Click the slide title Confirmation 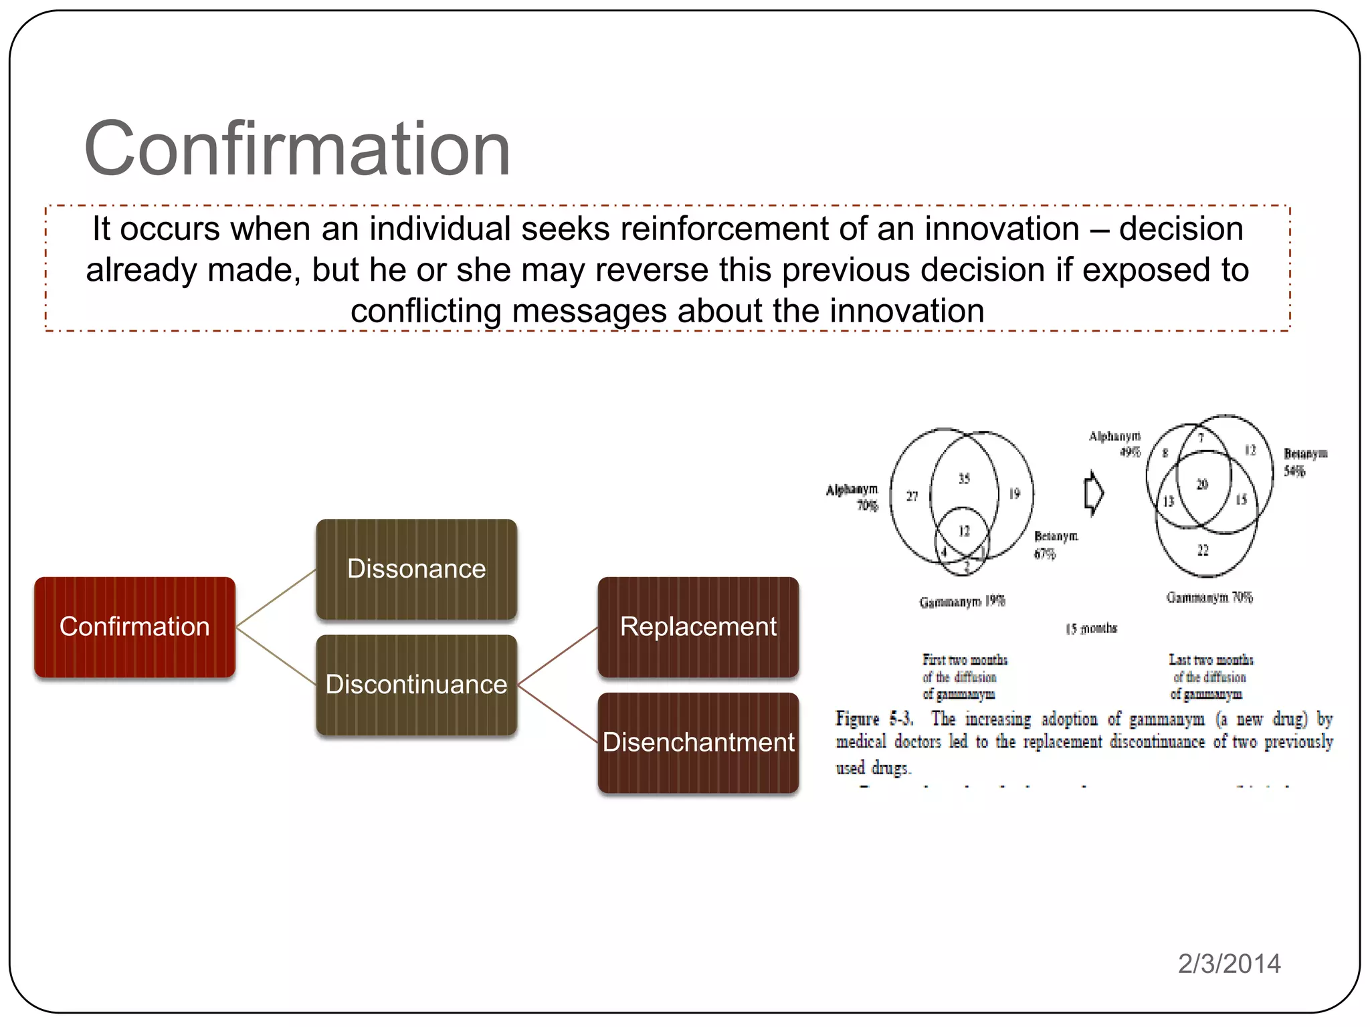click(x=297, y=148)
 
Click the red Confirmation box click(x=134, y=627)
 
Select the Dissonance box click(x=416, y=569)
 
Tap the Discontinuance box click(x=416, y=685)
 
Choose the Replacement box click(x=698, y=627)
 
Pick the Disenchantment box click(x=698, y=743)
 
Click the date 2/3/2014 click(x=1229, y=963)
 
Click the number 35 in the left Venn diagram click(x=964, y=479)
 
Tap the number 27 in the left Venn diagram click(x=912, y=496)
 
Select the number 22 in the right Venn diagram click(x=1203, y=550)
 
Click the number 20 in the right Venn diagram click(x=1202, y=484)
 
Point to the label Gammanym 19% click(x=962, y=602)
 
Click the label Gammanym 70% click(x=1209, y=598)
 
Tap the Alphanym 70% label click(x=853, y=497)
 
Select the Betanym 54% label click(x=1304, y=462)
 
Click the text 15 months click(x=1091, y=629)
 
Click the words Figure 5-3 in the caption click(x=874, y=719)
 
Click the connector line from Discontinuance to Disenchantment click(x=557, y=713)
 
